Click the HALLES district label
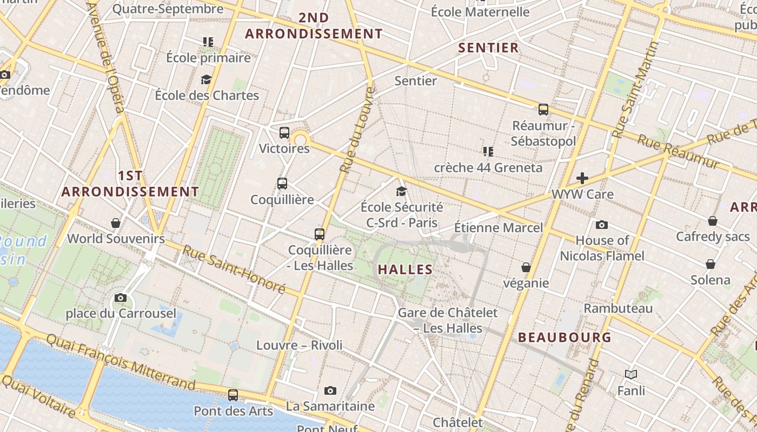(x=405, y=269)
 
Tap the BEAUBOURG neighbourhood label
(x=565, y=337)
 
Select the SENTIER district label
(x=488, y=48)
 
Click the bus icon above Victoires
(x=284, y=133)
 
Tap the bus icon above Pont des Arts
(x=233, y=395)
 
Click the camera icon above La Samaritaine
(x=330, y=390)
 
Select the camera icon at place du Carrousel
(x=121, y=298)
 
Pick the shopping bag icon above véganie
(x=526, y=267)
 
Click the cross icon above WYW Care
(x=582, y=178)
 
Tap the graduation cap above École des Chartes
(x=206, y=80)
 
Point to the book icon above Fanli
(x=631, y=374)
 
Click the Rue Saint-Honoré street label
(x=234, y=269)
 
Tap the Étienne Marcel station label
(x=498, y=227)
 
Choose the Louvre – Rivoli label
(x=299, y=345)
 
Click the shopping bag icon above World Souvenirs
(x=116, y=222)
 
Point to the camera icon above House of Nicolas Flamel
(x=601, y=225)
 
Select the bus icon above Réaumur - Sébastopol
(x=543, y=110)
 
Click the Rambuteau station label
(x=618, y=308)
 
